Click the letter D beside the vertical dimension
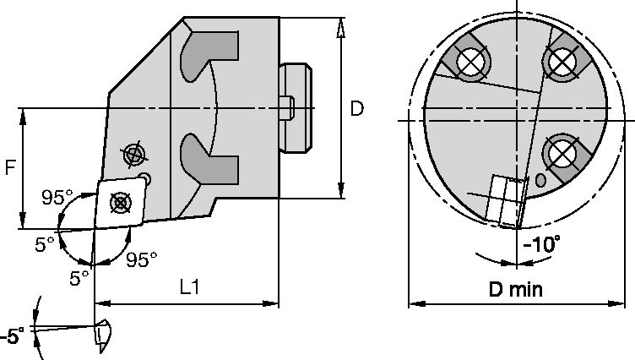[x=358, y=108]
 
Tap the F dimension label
[x=9, y=168]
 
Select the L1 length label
[x=190, y=287]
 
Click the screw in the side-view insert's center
[x=120, y=202]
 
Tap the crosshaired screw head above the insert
[x=133, y=155]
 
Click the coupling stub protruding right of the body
[x=297, y=107]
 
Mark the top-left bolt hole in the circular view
[x=468, y=62]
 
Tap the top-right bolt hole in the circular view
[x=559, y=61]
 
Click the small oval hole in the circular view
[x=540, y=180]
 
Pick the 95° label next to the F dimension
[x=57, y=198]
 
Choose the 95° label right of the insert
[x=142, y=259]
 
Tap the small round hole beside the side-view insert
[x=147, y=179]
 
